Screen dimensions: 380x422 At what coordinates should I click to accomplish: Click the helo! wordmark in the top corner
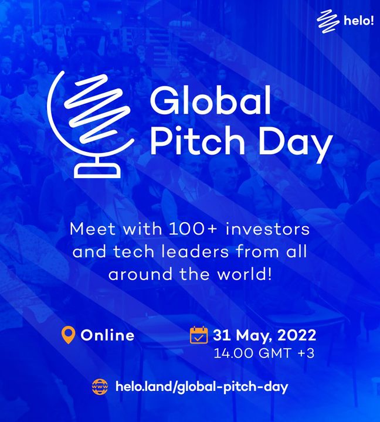359,21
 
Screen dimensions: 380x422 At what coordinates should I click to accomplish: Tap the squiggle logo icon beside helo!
328,22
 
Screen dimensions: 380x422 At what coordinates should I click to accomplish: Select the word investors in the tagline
267,229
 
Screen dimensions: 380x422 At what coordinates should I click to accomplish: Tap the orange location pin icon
68,335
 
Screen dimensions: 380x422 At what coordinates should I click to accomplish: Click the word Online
107,335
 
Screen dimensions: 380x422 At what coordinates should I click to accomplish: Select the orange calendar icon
199,335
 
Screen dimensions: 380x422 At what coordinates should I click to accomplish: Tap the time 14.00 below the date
234,353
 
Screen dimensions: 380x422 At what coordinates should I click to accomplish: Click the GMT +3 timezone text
287,353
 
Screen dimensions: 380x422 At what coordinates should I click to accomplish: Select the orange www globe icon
100,387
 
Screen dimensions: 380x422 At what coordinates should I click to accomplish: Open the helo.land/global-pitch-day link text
202,387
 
